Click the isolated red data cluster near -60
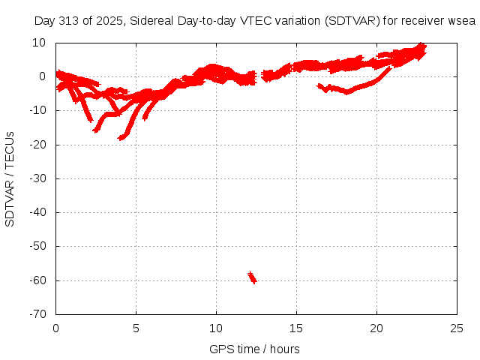[252, 277]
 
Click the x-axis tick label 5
[136, 328]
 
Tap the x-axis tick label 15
[296, 328]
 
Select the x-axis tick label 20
[376, 328]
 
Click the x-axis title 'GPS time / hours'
[255, 349]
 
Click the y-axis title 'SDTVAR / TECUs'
[10, 178]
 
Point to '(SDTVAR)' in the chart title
[352, 20]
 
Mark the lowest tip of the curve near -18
[121, 138]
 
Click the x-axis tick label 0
[56, 328]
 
